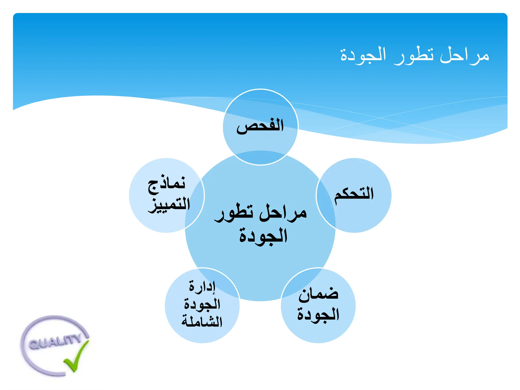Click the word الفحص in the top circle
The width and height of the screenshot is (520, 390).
tap(260, 126)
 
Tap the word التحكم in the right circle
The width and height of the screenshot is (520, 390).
tap(354, 194)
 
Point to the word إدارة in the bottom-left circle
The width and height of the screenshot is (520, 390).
tap(202, 286)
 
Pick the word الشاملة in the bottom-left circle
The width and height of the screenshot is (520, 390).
tap(202, 321)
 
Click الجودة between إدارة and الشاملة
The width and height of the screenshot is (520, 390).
tap(202, 304)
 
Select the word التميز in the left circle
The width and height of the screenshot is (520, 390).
tap(169, 205)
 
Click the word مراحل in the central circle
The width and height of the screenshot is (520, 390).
tap(283, 213)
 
